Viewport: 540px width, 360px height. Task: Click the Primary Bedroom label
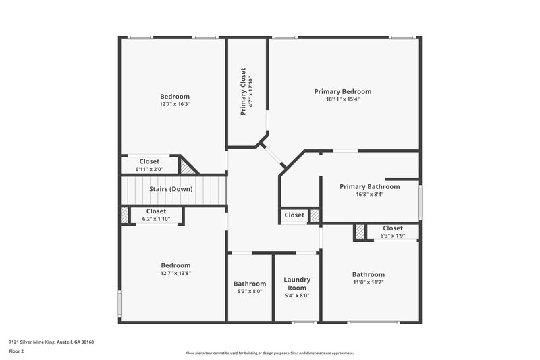coord(342,91)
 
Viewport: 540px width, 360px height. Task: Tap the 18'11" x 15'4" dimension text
coord(342,99)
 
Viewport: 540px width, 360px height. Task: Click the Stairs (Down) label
coord(171,189)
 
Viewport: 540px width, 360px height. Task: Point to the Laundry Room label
coord(297,284)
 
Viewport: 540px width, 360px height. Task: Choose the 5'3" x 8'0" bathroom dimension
coord(250,292)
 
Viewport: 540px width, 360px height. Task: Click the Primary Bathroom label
coord(369,186)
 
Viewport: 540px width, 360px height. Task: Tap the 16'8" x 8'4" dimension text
coord(369,195)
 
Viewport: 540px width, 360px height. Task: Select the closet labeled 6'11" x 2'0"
coord(149,165)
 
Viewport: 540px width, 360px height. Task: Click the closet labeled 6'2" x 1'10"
coord(155,215)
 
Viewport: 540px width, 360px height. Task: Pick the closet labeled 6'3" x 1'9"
coord(392,232)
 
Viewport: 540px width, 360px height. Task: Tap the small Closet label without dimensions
coord(294,215)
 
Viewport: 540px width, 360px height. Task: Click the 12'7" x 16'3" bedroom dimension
coord(175,104)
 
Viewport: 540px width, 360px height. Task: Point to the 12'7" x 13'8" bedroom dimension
coord(175,274)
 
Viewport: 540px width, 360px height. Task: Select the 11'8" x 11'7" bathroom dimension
coord(369,282)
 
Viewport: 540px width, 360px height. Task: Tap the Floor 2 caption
coord(16,351)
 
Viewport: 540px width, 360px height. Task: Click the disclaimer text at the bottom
coord(269,353)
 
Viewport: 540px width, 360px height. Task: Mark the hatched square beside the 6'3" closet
coord(360,232)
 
